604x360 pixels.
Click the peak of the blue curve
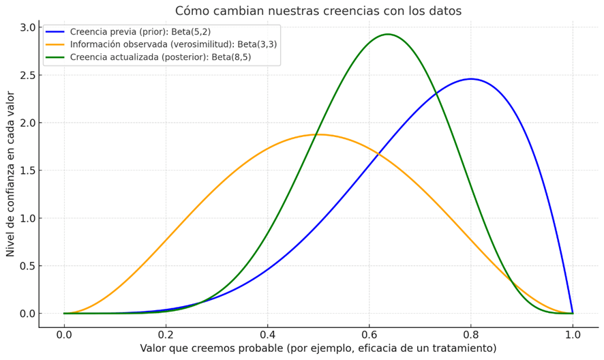470,79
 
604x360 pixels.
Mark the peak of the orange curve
318,134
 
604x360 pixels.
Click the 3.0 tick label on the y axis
28,27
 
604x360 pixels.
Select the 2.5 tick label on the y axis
28,75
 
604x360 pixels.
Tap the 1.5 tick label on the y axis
28,170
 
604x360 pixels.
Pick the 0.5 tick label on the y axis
28,266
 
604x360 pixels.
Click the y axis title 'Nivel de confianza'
11,174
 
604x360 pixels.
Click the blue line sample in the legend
55,31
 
